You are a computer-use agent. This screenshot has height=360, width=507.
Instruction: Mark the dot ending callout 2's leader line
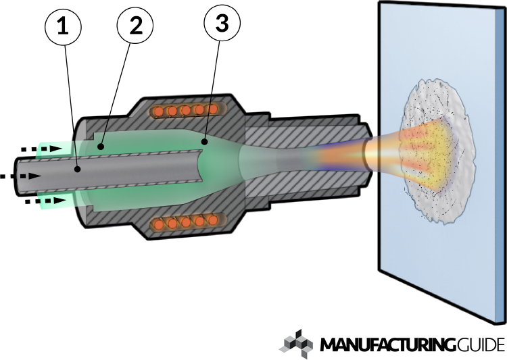pyautogui.click(x=101, y=145)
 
